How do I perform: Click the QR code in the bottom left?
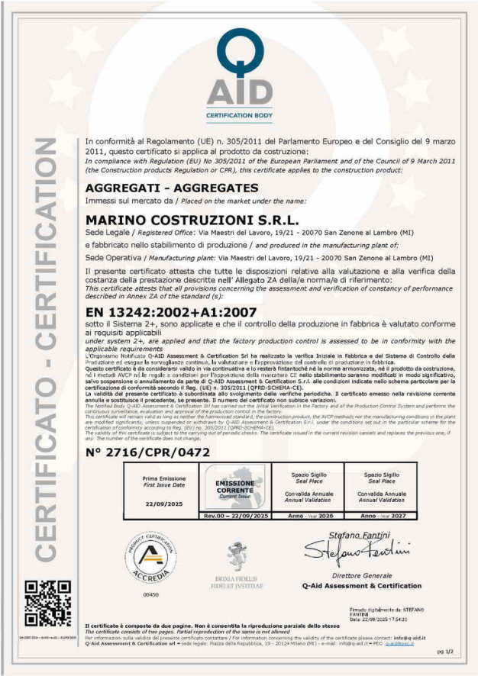pos(49,602)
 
